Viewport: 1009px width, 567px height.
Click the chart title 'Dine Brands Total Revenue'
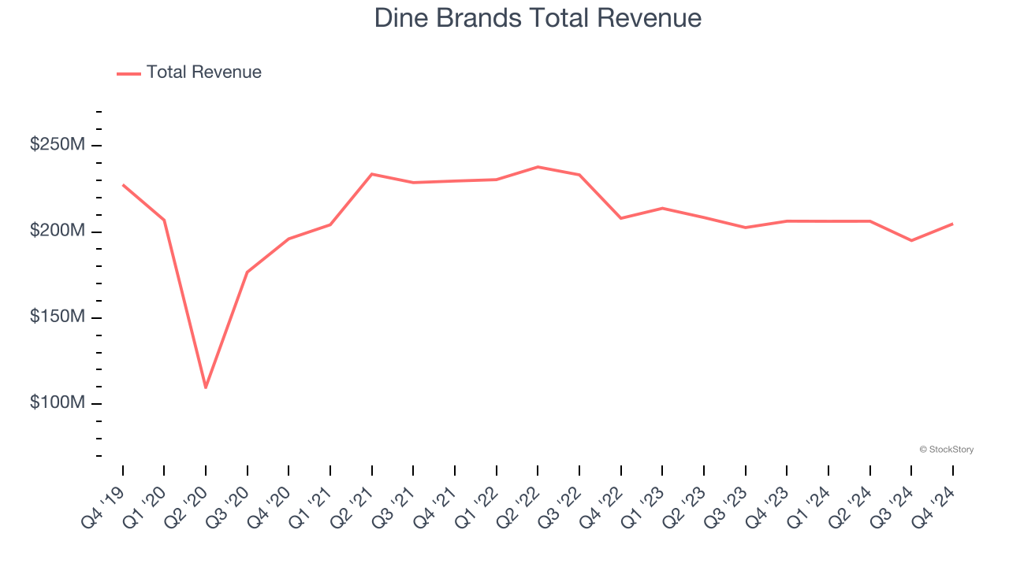click(x=538, y=18)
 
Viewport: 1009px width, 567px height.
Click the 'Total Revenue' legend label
click(x=203, y=72)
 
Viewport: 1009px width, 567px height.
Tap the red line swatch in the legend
click(x=128, y=73)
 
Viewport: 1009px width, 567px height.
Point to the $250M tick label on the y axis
click(x=58, y=146)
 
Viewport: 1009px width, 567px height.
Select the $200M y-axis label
click(x=58, y=232)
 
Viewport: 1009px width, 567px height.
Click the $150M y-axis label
click(x=58, y=317)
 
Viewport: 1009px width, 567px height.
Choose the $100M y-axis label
click(x=58, y=403)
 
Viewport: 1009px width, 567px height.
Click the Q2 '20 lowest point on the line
click(x=206, y=387)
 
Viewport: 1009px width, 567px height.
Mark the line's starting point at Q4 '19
click(x=123, y=185)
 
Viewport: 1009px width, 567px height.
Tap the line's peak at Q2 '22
click(x=538, y=167)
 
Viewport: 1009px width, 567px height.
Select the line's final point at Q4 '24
click(x=952, y=224)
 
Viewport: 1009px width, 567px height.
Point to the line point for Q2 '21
click(x=372, y=174)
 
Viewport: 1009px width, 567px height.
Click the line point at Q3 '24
click(x=911, y=240)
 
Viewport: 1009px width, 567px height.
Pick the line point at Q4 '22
click(x=620, y=218)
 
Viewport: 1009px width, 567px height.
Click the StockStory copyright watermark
click(x=946, y=450)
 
